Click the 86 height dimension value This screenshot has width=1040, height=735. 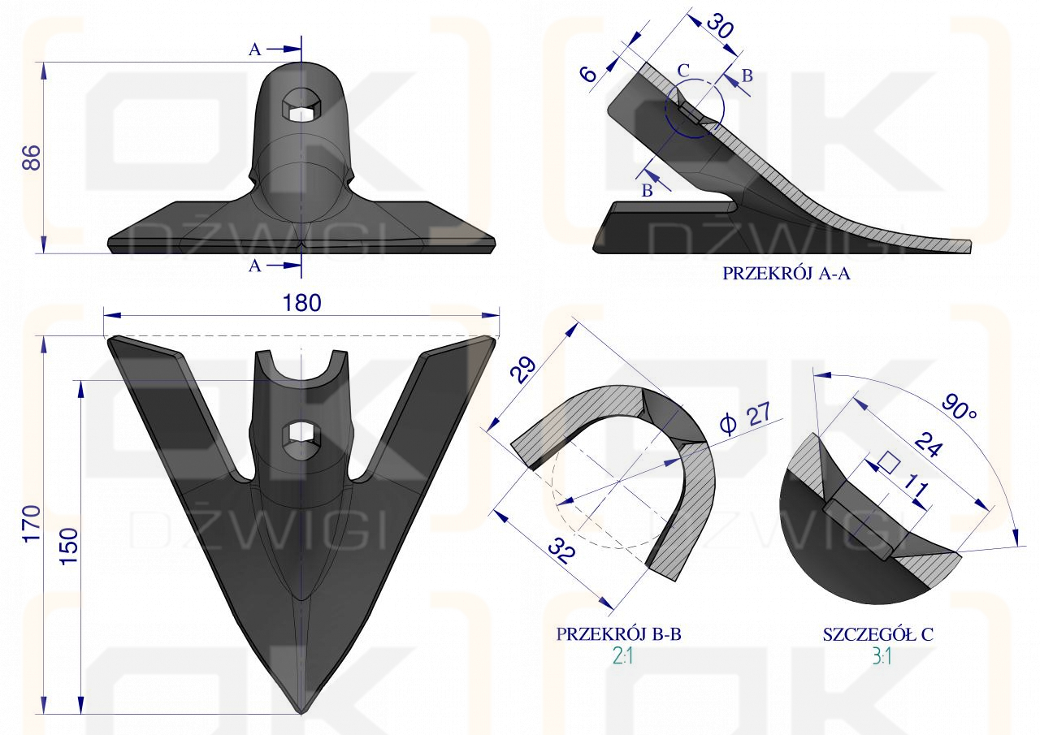(32, 158)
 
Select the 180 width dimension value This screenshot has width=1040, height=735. (301, 303)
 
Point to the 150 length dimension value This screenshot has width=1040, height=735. (69, 546)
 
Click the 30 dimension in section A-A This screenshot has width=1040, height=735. (720, 26)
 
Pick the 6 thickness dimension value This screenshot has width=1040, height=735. (589, 74)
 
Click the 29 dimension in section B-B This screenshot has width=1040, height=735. (522, 370)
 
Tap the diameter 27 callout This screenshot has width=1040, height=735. (745, 417)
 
